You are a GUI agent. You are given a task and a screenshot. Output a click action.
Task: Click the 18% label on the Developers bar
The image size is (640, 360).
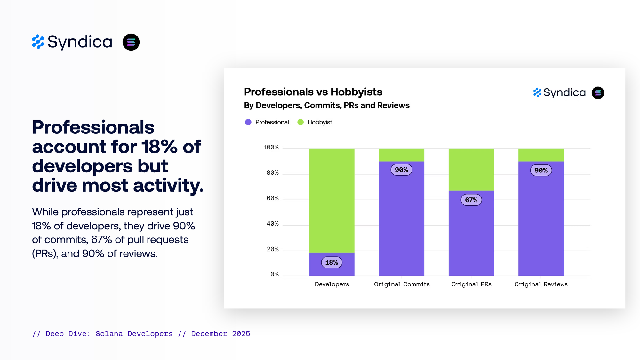pos(332,262)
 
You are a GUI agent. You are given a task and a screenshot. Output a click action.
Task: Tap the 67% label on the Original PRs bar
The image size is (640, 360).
pos(471,200)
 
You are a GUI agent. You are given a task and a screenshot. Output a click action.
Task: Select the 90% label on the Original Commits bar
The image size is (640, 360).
pos(401,170)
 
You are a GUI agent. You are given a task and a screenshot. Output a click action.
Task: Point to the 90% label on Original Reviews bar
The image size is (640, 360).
pos(541,171)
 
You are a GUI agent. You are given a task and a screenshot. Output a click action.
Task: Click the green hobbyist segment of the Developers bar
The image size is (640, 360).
pos(332,201)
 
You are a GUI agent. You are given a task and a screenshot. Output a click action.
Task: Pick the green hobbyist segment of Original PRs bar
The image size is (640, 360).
pos(471,170)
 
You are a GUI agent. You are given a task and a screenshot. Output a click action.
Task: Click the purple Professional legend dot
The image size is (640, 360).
pos(248,122)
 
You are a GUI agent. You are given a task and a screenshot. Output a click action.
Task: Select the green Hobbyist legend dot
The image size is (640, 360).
pos(300,122)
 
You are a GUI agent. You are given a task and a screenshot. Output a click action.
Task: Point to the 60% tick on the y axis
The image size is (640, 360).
pos(272,198)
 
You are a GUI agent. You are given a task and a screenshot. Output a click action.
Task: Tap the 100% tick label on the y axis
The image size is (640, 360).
pos(271,148)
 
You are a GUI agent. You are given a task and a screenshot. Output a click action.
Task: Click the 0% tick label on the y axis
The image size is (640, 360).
pos(274,274)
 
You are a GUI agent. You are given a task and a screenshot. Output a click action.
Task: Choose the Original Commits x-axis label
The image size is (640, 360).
pos(402,284)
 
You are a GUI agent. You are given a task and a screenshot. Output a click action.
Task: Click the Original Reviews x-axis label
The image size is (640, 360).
pos(541,284)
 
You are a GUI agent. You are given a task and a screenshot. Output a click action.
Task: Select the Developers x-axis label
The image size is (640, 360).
pos(332,284)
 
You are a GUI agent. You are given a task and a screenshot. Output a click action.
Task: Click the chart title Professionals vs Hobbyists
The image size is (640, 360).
pos(313,92)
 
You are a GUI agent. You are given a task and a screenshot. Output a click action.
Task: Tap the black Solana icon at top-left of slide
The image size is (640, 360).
pos(131,42)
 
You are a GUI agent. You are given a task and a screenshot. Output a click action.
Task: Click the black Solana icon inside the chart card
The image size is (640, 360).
pos(598,93)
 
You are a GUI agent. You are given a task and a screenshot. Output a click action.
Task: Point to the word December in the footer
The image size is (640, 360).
pos(209,334)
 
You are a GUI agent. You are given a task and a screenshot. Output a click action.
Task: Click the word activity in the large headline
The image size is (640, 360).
pos(168,186)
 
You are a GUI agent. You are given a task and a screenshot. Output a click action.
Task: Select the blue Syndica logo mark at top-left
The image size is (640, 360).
pos(38,42)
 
